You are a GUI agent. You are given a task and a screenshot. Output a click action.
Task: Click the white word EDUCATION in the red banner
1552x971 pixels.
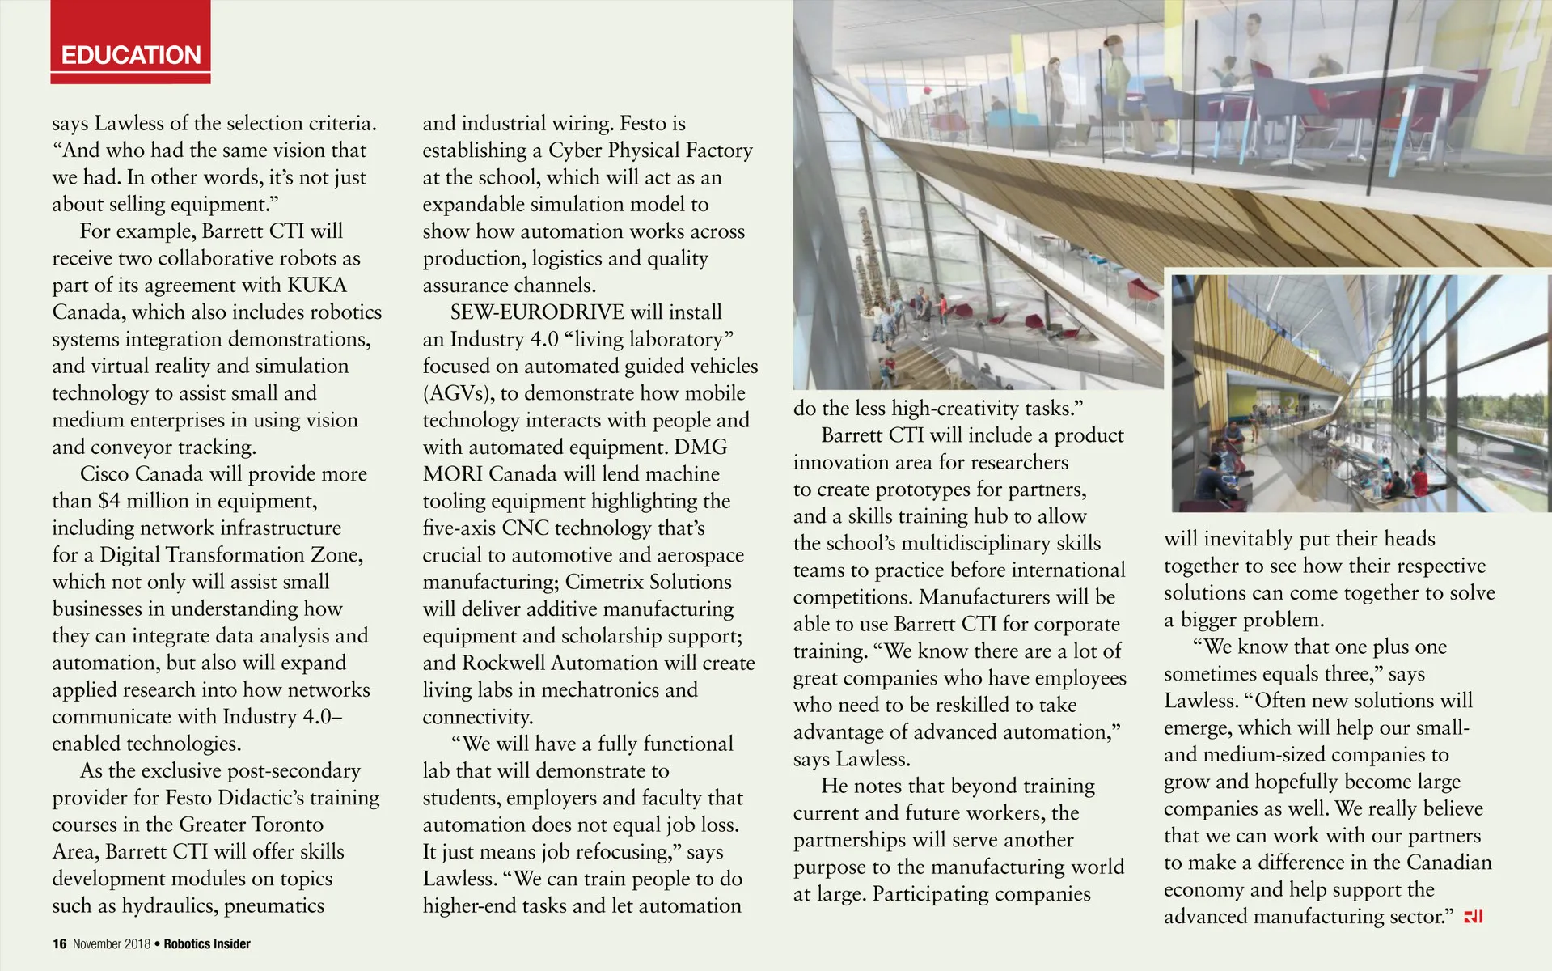point(131,55)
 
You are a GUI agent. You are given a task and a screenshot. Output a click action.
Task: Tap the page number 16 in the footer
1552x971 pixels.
point(59,943)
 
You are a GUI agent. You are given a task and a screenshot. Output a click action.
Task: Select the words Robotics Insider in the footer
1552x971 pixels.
point(207,943)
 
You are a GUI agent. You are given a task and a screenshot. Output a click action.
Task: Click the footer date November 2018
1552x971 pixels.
point(112,943)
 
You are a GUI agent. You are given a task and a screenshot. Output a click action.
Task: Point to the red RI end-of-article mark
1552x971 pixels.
point(1474,917)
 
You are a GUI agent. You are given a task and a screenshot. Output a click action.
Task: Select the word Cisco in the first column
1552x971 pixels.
point(107,473)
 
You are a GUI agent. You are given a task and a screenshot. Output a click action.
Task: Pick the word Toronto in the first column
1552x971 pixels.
point(287,825)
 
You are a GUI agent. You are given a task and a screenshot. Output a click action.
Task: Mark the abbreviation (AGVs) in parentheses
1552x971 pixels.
point(458,393)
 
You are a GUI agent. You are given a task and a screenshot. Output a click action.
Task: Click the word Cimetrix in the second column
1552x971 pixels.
point(606,582)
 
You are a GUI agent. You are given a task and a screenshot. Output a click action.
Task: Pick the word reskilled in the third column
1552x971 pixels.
point(983,705)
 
